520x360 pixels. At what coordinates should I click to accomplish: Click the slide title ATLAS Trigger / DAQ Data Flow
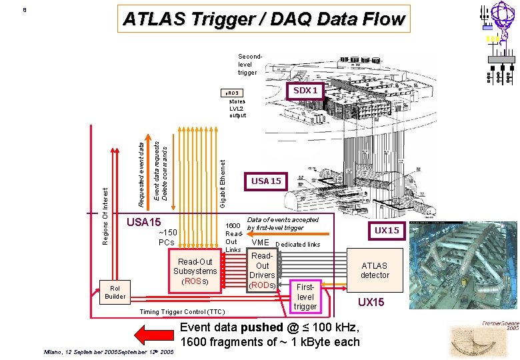pos(263,19)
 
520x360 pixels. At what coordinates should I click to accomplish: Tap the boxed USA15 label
pos(266,181)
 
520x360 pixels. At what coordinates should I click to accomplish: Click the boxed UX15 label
pos(387,230)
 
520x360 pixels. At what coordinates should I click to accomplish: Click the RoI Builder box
pos(115,292)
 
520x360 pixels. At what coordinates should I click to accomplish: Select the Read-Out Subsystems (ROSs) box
pos(195,271)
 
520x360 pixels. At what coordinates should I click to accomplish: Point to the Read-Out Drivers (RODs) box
pos(262,271)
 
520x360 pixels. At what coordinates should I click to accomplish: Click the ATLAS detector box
pos(374,270)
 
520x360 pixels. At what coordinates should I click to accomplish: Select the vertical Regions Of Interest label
pos(105,215)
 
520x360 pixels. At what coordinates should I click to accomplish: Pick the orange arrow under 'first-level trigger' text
pos(304,234)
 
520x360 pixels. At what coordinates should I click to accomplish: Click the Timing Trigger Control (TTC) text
pos(182,312)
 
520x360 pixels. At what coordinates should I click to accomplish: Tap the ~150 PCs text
pos(166,237)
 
